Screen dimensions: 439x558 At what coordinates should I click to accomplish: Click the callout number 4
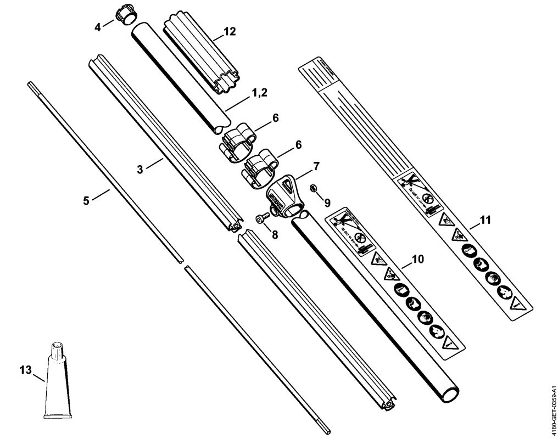coord(98,26)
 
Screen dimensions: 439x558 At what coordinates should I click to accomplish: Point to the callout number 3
coord(140,170)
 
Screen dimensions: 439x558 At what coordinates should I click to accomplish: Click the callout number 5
coord(86,200)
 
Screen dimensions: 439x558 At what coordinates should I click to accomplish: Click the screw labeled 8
coord(261,218)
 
